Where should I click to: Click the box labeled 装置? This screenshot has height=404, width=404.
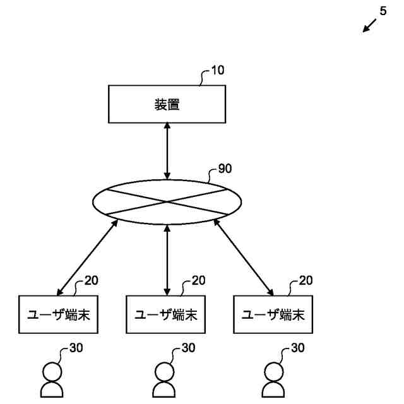click(167, 105)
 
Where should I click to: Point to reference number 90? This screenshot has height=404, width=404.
click(225, 170)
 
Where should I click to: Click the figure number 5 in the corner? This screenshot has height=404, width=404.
click(383, 11)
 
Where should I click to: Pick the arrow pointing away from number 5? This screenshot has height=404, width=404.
click(370, 26)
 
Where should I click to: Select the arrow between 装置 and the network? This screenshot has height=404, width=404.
click(167, 151)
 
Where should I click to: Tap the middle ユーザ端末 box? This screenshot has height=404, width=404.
click(167, 314)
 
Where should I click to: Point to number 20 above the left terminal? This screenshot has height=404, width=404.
click(92, 280)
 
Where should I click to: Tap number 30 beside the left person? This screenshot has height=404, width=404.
click(76, 348)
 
